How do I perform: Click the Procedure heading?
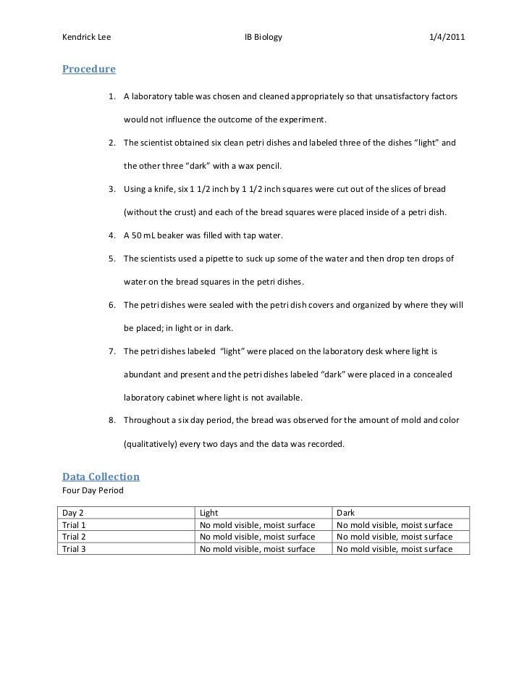click(88, 70)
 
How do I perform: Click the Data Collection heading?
click(101, 477)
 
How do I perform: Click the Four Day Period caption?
click(93, 491)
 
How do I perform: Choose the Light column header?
click(208, 513)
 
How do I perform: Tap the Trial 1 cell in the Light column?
click(257, 524)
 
